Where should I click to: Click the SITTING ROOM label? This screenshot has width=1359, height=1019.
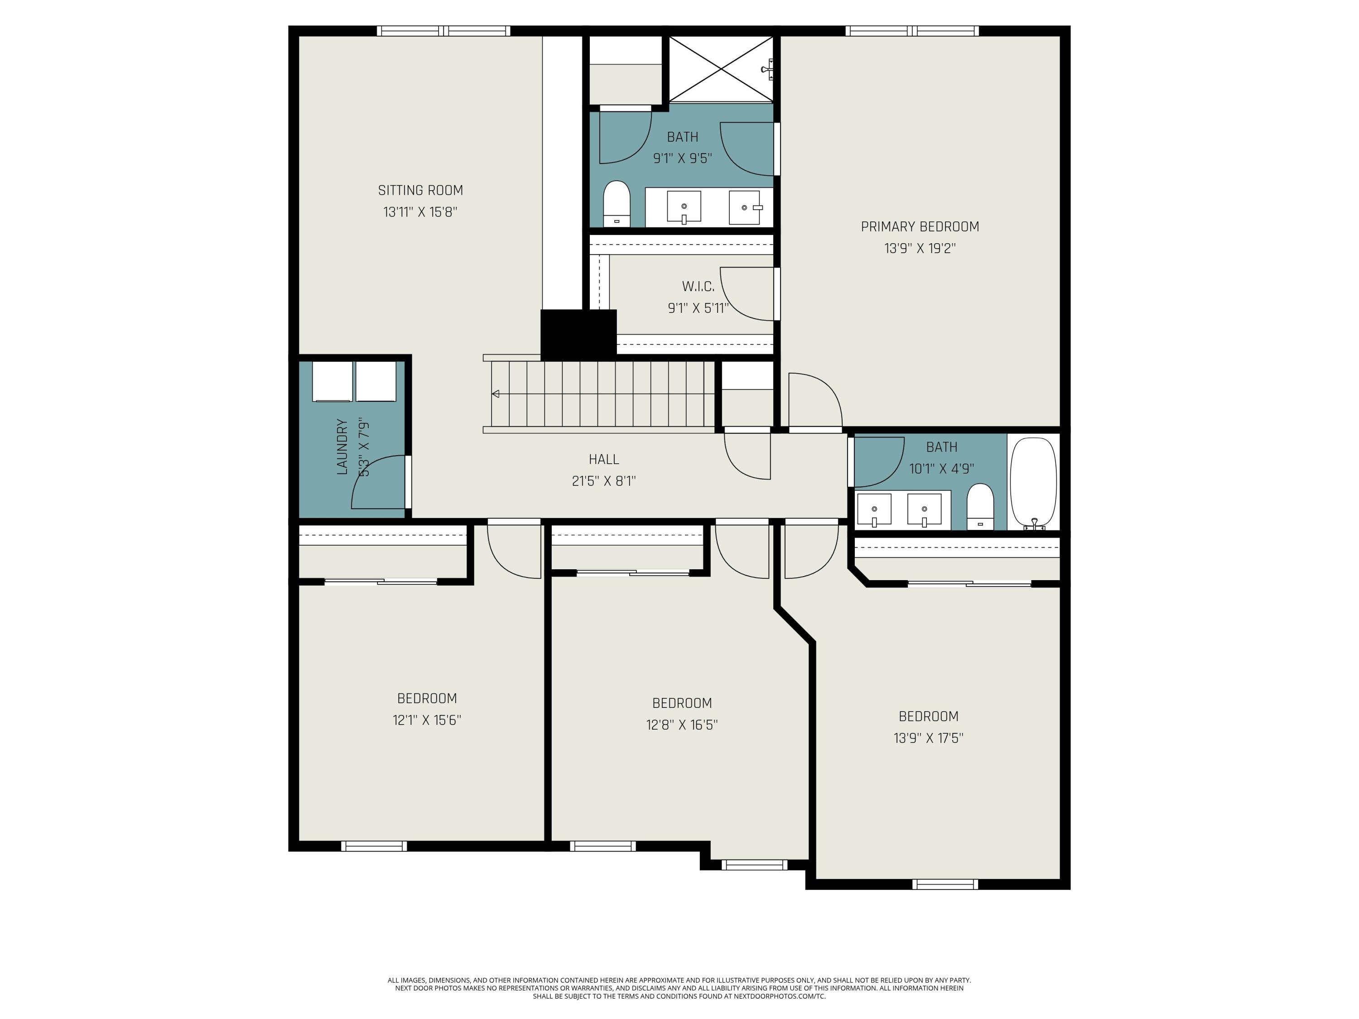[x=420, y=190]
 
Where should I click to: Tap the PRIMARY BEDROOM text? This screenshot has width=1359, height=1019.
[x=920, y=226]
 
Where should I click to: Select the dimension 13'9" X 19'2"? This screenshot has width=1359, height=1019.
[x=920, y=249]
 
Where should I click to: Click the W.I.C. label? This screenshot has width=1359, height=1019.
[x=698, y=287]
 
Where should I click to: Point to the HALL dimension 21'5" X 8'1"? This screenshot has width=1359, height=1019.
[x=603, y=481]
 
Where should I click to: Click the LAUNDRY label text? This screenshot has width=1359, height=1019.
[x=342, y=447]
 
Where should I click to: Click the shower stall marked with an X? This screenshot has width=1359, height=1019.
[x=721, y=69]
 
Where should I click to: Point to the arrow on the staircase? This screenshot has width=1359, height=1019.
[x=496, y=394]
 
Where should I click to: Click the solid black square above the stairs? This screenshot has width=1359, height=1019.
[x=578, y=333]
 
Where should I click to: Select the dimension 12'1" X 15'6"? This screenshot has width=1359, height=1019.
[x=427, y=720]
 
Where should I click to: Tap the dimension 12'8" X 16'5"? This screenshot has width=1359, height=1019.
[x=682, y=725]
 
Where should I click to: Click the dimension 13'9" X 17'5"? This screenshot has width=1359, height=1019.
[x=928, y=738]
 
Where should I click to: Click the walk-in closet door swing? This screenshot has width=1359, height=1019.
[x=747, y=293]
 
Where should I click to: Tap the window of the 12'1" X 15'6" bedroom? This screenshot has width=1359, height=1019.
[x=374, y=846]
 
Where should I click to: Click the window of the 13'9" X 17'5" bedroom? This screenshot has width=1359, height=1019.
[x=945, y=884]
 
